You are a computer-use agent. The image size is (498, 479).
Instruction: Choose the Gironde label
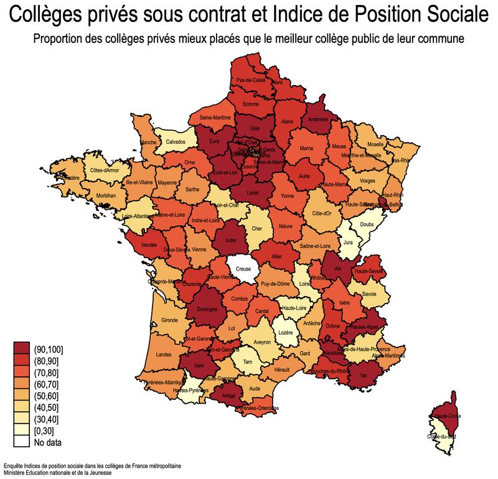point(169,320)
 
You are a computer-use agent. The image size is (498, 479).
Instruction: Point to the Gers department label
point(199,366)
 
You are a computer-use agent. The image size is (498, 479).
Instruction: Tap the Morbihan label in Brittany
point(106,195)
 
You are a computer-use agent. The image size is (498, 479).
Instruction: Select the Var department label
point(362,375)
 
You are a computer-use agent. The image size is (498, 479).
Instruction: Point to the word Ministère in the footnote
point(15,473)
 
